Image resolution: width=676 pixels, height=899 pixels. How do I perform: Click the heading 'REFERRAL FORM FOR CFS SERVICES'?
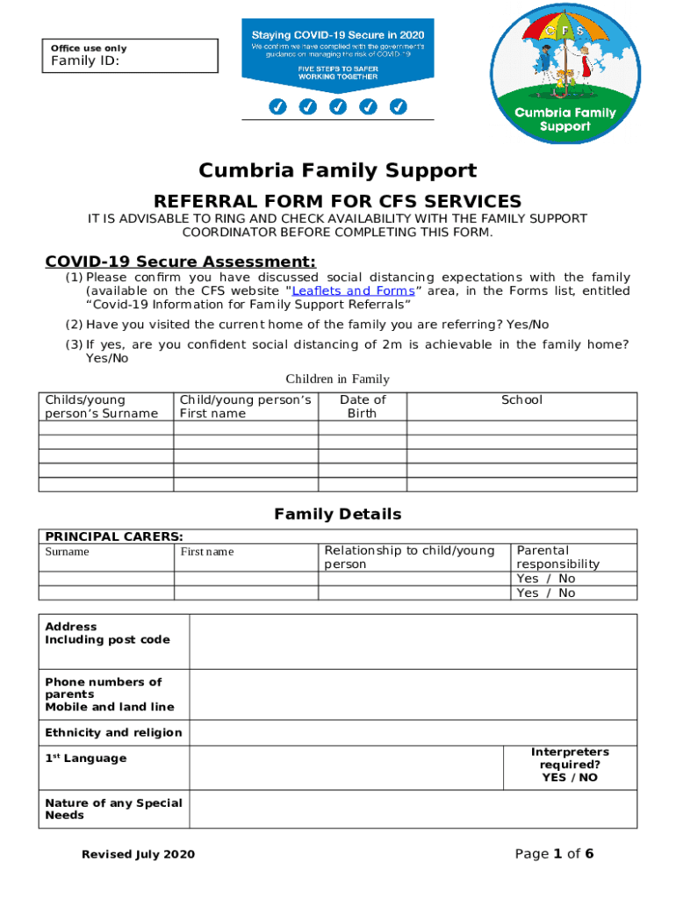337,201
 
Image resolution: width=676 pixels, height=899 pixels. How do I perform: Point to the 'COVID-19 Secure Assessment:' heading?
180,262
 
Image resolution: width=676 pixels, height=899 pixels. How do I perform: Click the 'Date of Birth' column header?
363,406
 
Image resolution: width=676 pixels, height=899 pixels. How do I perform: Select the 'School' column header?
521,400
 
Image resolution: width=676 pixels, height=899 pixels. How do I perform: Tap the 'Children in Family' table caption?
337,379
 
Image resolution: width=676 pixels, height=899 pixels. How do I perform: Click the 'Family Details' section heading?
337,514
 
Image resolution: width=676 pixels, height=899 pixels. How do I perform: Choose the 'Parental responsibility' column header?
557,557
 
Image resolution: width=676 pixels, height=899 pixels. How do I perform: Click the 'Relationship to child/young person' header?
409,557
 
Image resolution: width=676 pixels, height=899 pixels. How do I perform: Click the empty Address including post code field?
413,642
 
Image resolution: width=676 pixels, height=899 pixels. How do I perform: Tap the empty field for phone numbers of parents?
413,694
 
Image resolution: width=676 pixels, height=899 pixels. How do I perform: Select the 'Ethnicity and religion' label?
113,732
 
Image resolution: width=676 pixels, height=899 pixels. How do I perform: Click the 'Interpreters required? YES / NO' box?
570,765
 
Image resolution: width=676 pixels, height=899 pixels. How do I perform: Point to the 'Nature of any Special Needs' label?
113,809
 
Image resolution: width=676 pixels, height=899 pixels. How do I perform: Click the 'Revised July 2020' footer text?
138,854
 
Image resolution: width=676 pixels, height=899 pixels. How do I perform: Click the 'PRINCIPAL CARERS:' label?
114,536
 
